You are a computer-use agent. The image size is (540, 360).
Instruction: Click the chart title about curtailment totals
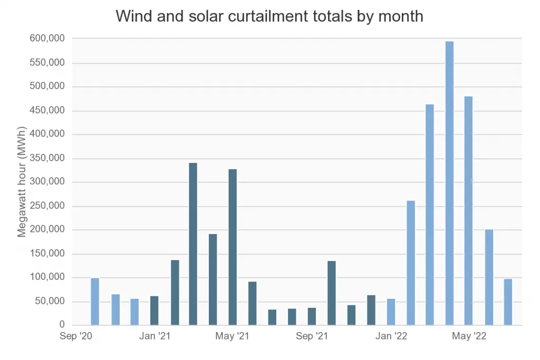tap(269, 16)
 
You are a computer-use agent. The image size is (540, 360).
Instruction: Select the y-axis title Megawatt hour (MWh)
tap(22, 181)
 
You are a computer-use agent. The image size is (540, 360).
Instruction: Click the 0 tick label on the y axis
tap(62, 325)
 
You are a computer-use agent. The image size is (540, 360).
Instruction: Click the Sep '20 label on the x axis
tap(75, 336)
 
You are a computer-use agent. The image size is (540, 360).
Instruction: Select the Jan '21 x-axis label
tap(155, 336)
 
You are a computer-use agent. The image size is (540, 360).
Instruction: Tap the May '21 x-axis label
tap(233, 336)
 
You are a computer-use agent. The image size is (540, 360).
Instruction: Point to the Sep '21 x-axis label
tap(312, 336)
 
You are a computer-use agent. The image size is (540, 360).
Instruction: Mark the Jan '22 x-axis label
tap(391, 336)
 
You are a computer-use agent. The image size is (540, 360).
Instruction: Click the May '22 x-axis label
tap(469, 336)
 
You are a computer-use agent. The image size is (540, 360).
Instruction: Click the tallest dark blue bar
tap(193, 244)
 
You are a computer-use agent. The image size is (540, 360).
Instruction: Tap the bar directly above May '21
tap(233, 247)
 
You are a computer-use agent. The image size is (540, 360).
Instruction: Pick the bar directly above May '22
tap(468, 211)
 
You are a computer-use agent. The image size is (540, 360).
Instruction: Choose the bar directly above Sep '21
tap(312, 316)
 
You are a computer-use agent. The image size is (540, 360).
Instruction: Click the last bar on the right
tap(508, 302)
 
